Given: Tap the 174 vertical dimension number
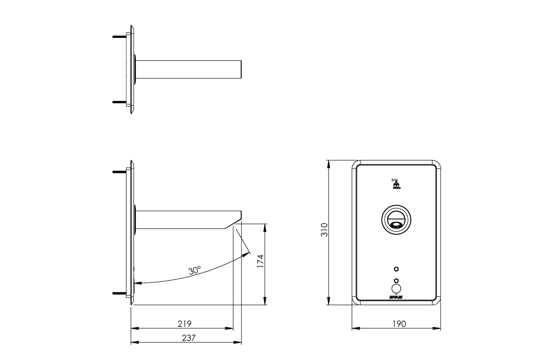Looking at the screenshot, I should click(x=260, y=261).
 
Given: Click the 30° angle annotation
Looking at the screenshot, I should click(x=195, y=270).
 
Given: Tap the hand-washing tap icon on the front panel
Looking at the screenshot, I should click(x=396, y=183).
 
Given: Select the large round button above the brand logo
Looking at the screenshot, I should click(x=396, y=288).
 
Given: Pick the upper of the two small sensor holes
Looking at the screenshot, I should click(x=396, y=269).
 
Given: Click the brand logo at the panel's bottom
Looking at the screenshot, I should click(x=396, y=297).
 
